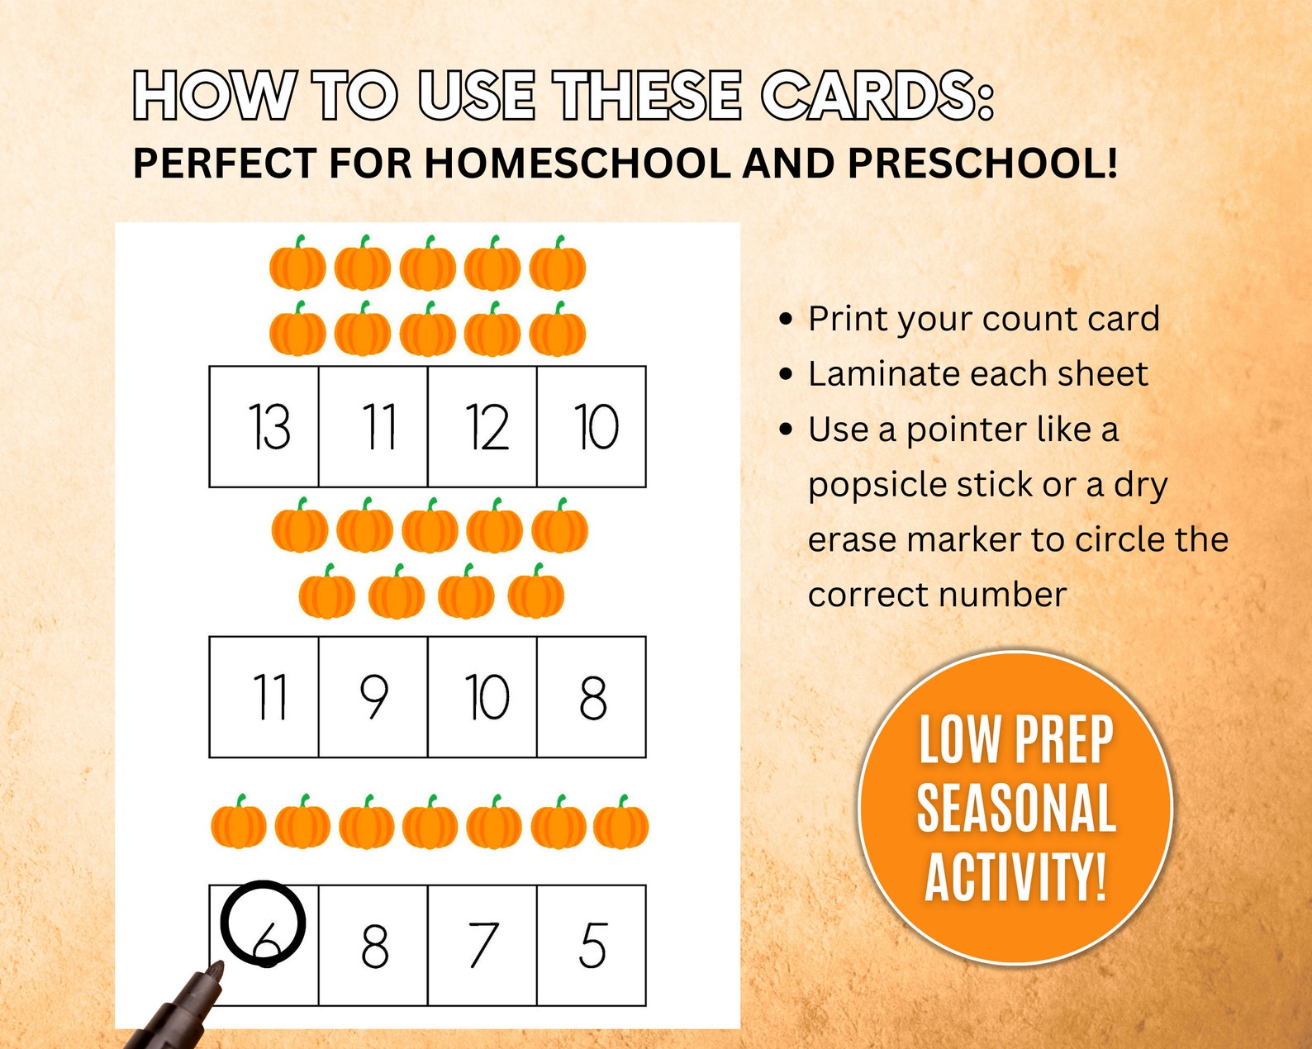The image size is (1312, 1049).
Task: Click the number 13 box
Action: tap(264, 427)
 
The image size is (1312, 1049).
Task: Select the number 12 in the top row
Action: tap(482, 427)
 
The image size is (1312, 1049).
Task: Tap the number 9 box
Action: tap(373, 697)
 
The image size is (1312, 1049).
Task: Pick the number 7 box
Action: tap(482, 946)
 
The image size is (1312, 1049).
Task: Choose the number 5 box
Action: tap(592, 946)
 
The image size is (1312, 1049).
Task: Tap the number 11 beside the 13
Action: tap(373, 427)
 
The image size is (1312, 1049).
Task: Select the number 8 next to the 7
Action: tap(373, 946)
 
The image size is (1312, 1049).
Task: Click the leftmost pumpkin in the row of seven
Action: tap(238, 823)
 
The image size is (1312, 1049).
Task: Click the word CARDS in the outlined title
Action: tap(877, 96)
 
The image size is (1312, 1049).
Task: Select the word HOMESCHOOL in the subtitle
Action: tap(578, 163)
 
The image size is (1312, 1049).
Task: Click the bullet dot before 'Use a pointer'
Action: tap(786, 430)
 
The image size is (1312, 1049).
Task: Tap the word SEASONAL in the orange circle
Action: tap(1016, 808)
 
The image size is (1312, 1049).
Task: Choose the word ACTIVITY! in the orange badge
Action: tap(1016, 876)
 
